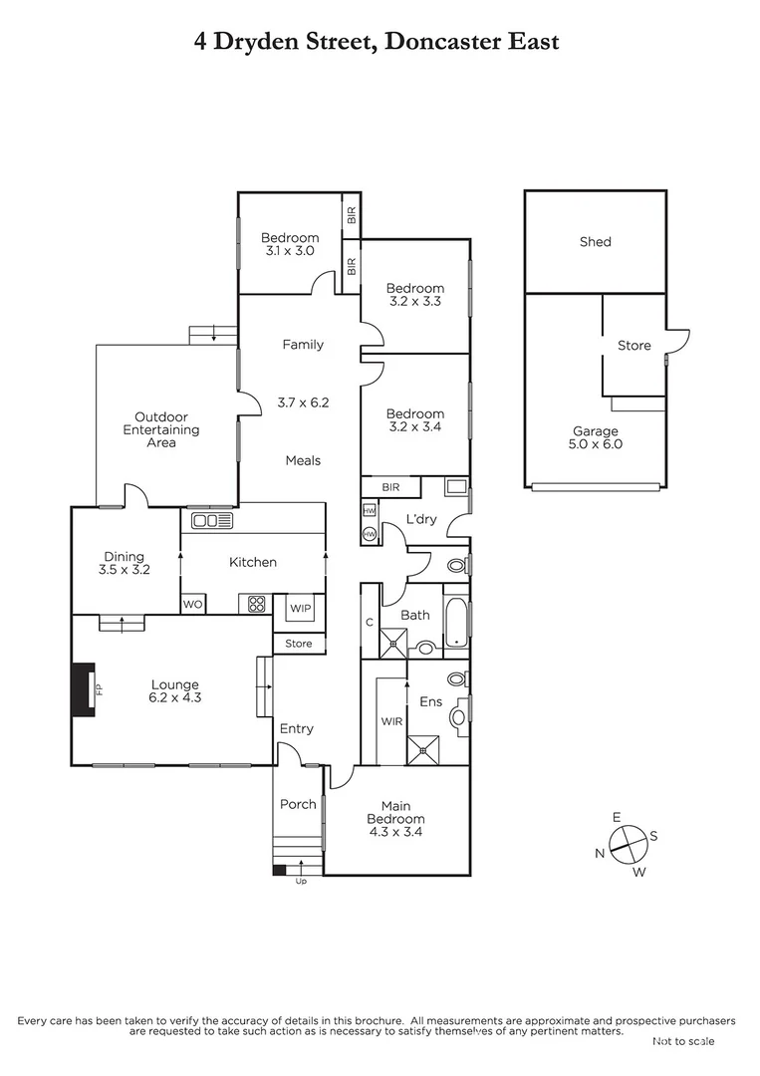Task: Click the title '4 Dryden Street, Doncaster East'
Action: coord(377,41)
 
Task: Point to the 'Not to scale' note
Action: coord(683,1041)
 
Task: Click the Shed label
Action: coord(595,242)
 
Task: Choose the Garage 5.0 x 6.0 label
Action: coord(595,438)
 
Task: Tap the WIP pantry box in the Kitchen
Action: coord(300,608)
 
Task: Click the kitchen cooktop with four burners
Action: coord(256,604)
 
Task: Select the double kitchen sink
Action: coord(211,521)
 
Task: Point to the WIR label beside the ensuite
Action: coord(390,721)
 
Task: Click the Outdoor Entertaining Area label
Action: coord(161,430)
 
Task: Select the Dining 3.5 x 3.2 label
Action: coord(124,564)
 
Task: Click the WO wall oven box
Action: coord(192,605)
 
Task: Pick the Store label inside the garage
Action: coord(633,346)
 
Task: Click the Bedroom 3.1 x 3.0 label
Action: coord(290,244)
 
